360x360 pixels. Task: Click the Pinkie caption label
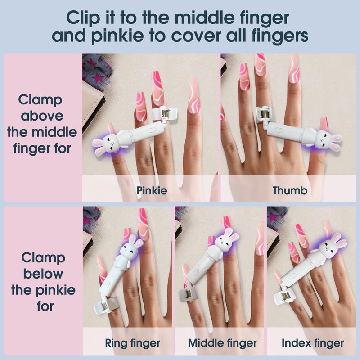click(152, 190)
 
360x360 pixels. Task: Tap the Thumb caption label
click(290, 190)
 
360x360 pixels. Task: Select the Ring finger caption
click(132, 343)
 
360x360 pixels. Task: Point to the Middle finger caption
click(222, 343)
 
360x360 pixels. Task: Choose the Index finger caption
click(313, 343)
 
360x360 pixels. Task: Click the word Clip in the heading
click(83, 18)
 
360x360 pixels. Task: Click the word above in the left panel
click(42, 116)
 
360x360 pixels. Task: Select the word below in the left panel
click(43, 274)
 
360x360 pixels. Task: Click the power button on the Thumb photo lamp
click(279, 130)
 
